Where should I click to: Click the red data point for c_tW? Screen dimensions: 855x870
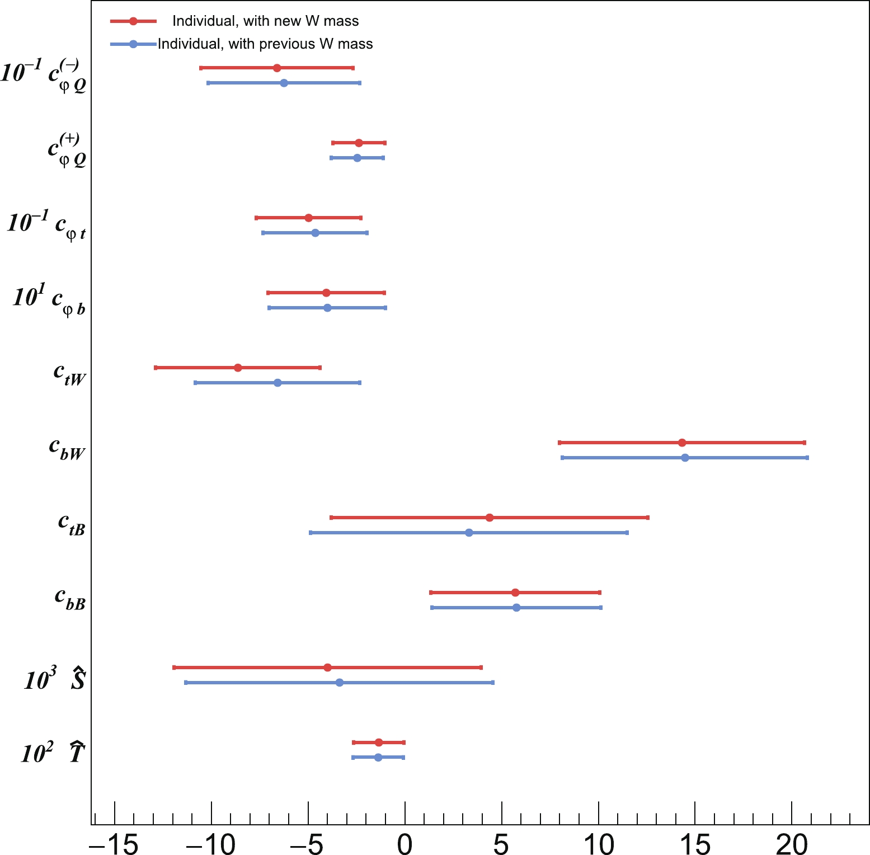[x=238, y=368]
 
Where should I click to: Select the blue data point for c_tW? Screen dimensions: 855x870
[x=278, y=383]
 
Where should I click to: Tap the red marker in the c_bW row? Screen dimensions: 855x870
[x=681, y=443]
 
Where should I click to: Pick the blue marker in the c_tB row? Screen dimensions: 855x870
[x=469, y=533]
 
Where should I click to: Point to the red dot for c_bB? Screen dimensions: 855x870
[x=515, y=593]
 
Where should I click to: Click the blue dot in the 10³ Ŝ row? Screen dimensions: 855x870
[x=339, y=683]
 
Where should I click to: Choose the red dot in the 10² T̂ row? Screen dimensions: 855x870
[x=379, y=743]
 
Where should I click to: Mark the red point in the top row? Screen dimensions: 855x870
[x=276, y=68]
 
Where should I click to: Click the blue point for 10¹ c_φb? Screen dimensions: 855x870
[x=327, y=308]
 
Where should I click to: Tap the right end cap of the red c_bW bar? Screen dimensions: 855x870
[x=805, y=443]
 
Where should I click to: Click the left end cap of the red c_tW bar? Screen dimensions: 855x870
[x=156, y=368]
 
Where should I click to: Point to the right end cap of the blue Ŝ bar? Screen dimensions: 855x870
[x=492, y=683]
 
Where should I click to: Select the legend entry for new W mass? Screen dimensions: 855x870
[x=265, y=21]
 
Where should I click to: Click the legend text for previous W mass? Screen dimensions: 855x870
[x=265, y=44]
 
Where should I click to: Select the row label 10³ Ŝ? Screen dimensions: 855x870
[x=54, y=679]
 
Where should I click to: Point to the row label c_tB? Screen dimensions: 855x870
[x=72, y=524]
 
